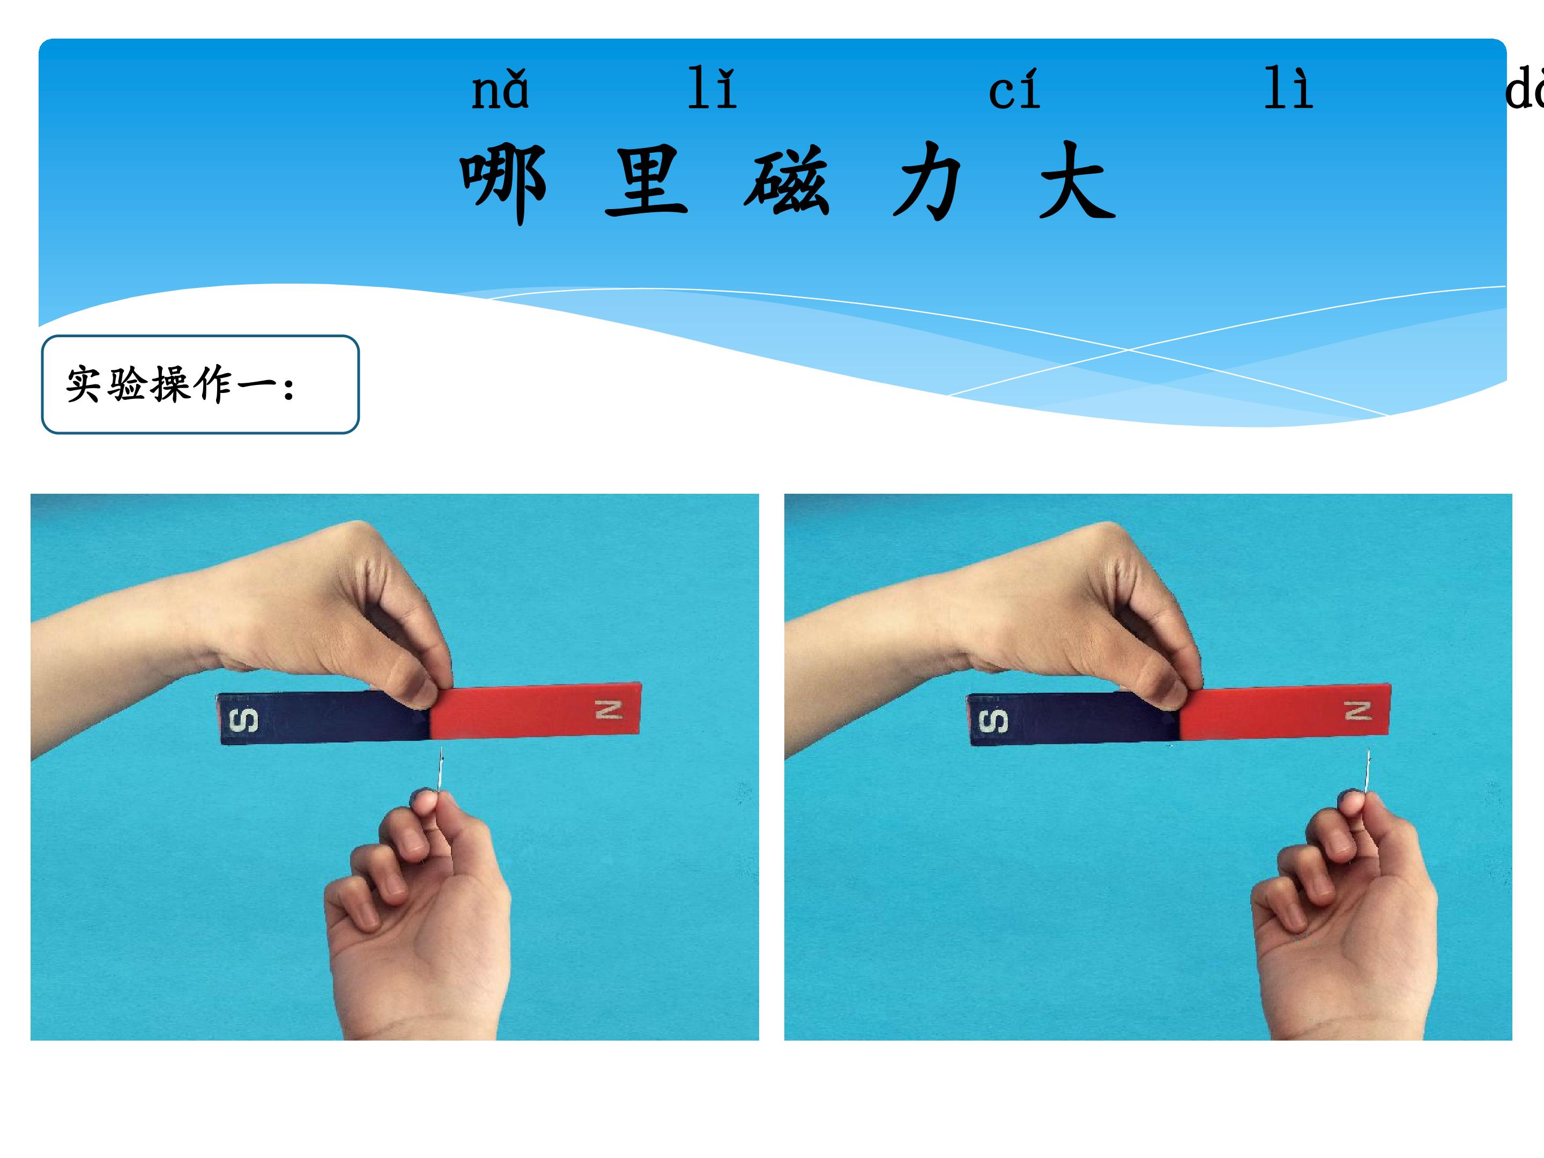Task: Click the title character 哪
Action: click(502, 183)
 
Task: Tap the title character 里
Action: click(647, 180)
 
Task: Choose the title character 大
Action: click(1077, 180)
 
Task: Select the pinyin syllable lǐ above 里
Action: click(712, 88)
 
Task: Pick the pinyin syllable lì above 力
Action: click(1288, 88)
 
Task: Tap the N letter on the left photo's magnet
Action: click(608, 710)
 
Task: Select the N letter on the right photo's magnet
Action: click(1359, 710)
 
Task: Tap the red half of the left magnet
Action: click(536, 710)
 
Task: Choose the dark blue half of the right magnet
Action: click(1073, 719)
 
